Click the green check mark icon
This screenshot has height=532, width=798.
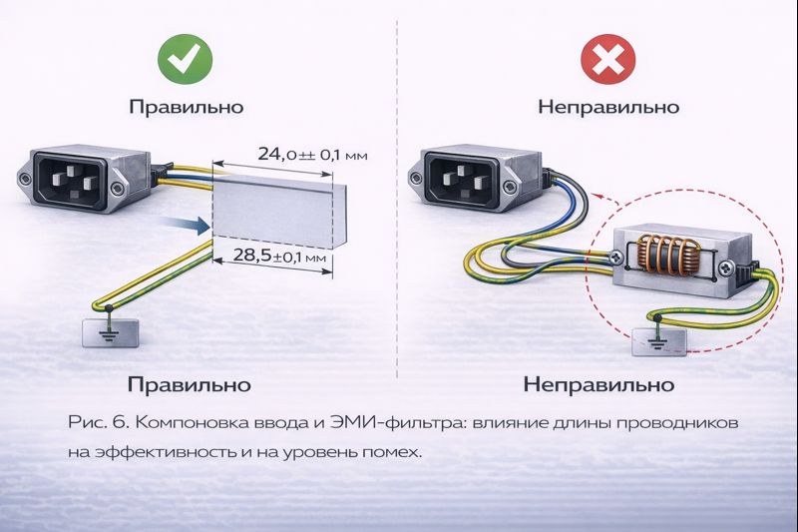click(x=185, y=61)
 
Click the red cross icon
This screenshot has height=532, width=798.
click(x=607, y=61)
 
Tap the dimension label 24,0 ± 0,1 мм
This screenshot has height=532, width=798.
click(x=299, y=154)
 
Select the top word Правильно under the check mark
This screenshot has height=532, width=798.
click(x=186, y=107)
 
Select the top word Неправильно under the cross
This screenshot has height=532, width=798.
click(x=607, y=107)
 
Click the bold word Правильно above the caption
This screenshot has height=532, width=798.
click(x=188, y=383)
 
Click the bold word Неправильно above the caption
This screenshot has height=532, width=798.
click(x=598, y=383)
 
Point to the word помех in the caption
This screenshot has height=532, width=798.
click(x=393, y=452)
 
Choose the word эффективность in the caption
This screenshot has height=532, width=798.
click(x=167, y=452)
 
